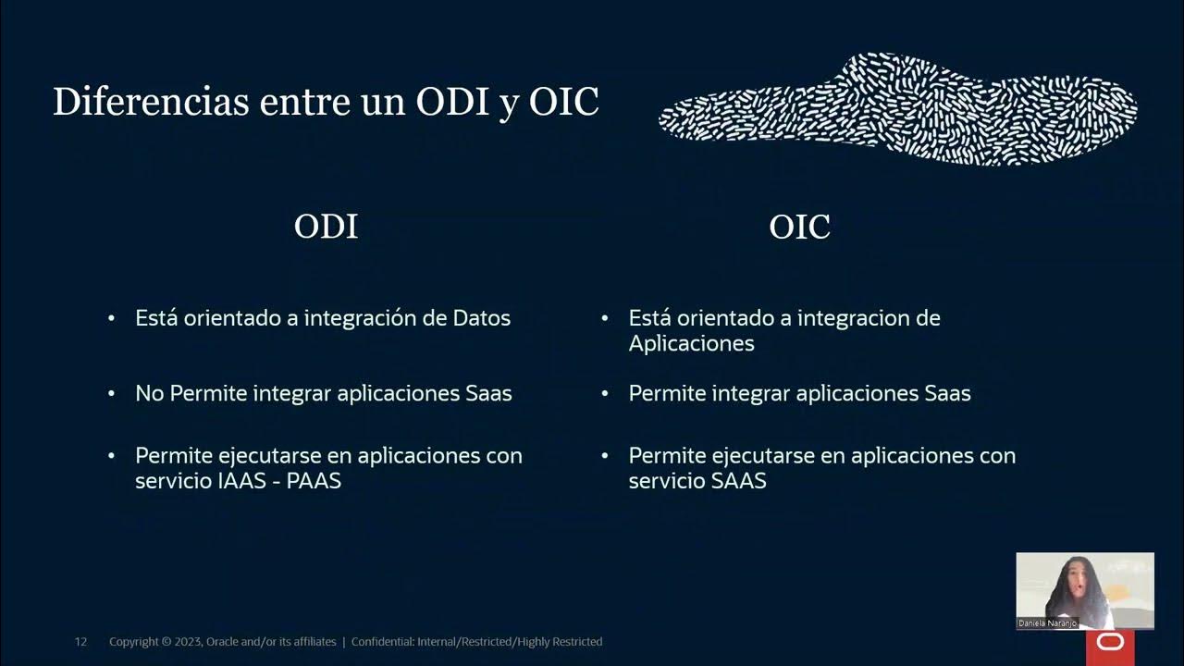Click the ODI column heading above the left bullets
point(326,227)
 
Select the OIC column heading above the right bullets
point(799,227)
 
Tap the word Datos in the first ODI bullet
point(481,318)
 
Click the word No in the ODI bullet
point(149,393)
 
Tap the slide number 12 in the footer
point(80,642)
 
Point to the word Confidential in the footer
point(383,642)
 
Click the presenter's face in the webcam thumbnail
point(1079,579)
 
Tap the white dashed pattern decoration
point(897,109)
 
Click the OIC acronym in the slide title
point(563,102)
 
